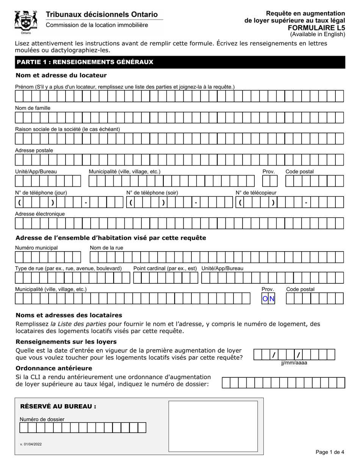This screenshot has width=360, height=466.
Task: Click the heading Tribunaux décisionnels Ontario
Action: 102,14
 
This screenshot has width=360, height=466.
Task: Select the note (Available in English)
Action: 318,34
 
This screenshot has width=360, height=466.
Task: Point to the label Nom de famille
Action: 33,108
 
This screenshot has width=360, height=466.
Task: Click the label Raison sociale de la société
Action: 67,129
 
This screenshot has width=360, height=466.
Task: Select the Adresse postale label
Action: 34,150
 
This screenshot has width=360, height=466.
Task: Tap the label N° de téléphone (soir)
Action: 152,192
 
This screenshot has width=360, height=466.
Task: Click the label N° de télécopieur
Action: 256,192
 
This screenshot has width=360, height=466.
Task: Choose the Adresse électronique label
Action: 40,214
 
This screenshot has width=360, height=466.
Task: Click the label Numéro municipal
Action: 36,248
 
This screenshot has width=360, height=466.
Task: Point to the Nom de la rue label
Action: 106,248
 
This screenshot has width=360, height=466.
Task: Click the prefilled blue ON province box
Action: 269,299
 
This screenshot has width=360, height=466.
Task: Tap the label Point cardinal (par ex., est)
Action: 165,268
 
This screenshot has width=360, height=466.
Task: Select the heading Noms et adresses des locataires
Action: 69,315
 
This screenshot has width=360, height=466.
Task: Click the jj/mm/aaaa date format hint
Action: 294,363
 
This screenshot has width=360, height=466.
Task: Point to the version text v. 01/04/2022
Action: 31,444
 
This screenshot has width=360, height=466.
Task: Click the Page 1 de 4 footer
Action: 330,452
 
